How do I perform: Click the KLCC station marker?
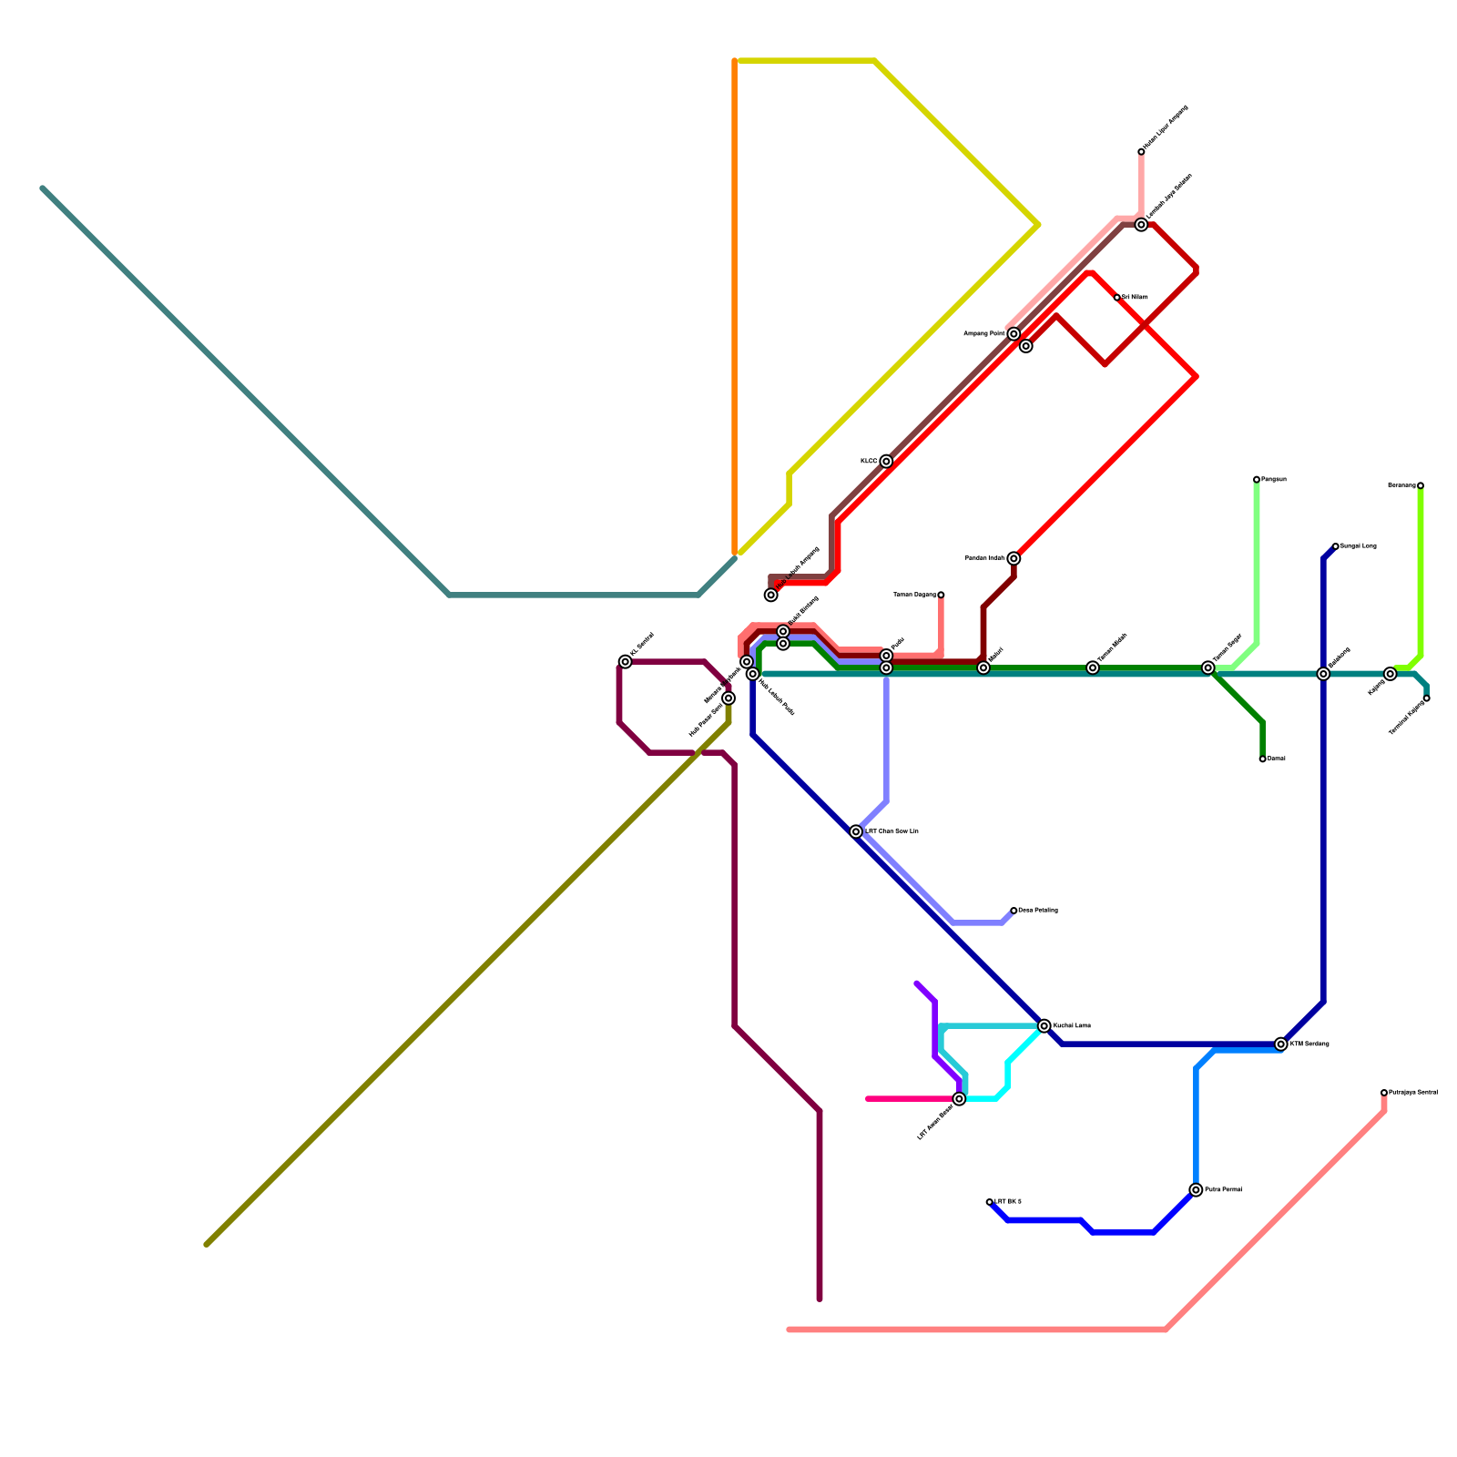pos(886,462)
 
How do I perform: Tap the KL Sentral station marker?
pos(625,662)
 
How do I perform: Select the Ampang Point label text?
pos(984,334)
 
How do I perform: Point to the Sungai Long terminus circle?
pos(1335,546)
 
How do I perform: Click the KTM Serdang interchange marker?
pos(1281,1044)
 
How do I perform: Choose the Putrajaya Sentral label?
pos(1413,1092)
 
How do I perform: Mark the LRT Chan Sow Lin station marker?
pos(856,831)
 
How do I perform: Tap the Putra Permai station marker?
pos(1196,1190)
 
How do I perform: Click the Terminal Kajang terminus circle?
pos(1426,698)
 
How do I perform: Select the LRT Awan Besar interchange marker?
pos(959,1099)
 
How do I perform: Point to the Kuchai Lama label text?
pos(1072,1026)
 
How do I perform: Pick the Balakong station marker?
pos(1323,674)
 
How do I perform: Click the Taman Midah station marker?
pos(1093,668)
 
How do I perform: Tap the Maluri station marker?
pos(983,668)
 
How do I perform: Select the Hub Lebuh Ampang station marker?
pos(771,595)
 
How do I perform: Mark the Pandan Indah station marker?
pos(1014,558)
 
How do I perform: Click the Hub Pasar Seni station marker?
pos(728,698)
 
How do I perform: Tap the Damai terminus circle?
pos(1262,759)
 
